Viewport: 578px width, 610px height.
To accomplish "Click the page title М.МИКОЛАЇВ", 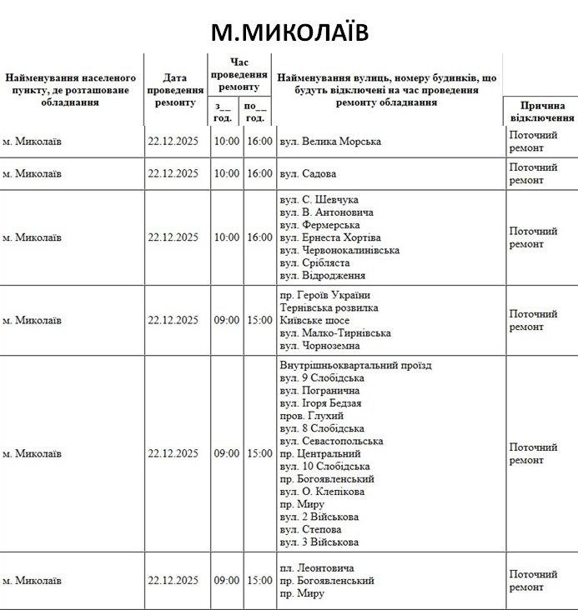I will pos(289,32).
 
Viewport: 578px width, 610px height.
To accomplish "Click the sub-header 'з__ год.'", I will pos(224,112).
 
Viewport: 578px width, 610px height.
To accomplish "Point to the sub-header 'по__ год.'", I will pos(256,112).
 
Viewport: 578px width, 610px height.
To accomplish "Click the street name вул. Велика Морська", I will pos(329,142).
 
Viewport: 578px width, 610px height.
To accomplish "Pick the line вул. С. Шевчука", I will pos(319,200).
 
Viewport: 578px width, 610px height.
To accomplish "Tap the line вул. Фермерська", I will pos(320,225).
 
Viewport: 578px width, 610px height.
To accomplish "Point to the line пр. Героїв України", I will pos(324,296).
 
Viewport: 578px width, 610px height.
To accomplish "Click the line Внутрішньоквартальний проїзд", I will pos(355,366).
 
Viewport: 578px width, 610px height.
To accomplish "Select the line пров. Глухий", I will pos(312,416).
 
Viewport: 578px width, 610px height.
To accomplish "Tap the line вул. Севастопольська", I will pos(332,441).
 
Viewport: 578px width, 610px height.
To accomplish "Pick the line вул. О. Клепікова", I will pos(321,492).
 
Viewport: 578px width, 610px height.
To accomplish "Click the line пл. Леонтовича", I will pos(317,567).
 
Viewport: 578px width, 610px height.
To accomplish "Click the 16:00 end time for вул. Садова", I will pos(259,174).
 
